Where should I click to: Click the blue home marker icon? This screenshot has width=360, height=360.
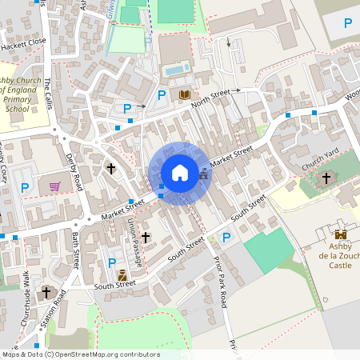click(x=179, y=172)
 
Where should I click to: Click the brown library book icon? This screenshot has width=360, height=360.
click(x=185, y=94)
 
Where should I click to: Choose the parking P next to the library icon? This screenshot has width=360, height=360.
click(x=162, y=95)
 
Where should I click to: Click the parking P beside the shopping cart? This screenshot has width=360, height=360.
click(x=25, y=188)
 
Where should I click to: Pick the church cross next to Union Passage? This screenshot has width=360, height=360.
click(x=145, y=237)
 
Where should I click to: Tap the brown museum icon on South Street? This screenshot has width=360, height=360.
click(x=122, y=276)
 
